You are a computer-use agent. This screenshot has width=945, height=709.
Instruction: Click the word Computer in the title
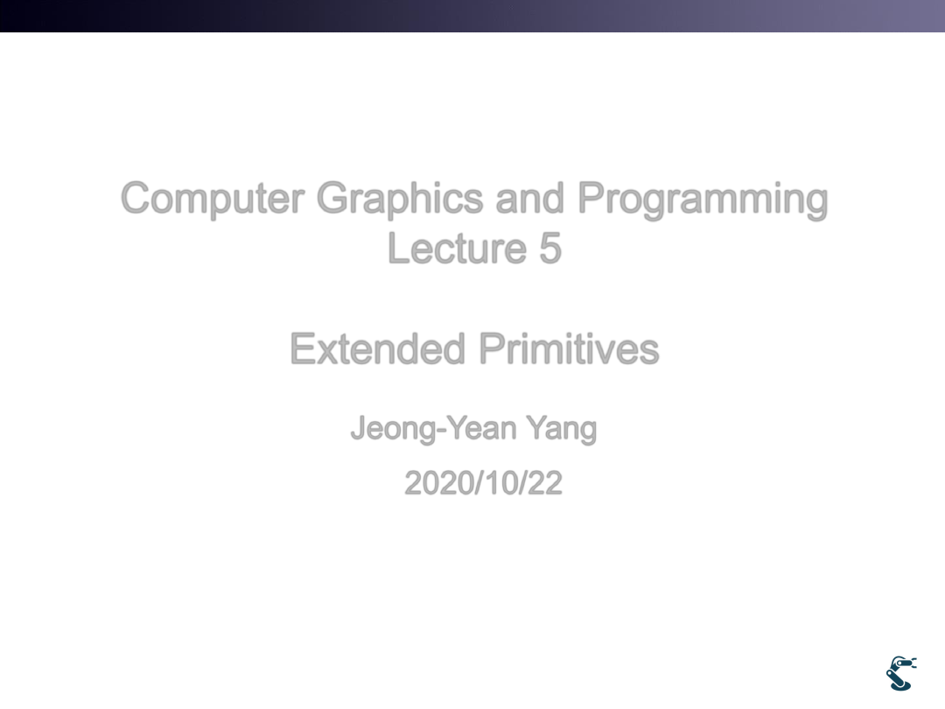click(213, 199)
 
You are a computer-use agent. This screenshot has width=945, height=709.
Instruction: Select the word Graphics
click(400, 199)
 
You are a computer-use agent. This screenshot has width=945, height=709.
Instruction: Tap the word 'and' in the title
click(529, 198)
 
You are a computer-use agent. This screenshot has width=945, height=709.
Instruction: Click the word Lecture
click(458, 248)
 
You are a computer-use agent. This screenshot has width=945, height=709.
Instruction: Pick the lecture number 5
click(550, 249)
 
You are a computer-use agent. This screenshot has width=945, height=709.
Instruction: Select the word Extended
click(378, 348)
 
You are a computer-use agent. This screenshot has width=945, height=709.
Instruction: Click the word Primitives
click(570, 348)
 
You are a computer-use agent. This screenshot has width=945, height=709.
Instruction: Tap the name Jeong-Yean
click(434, 429)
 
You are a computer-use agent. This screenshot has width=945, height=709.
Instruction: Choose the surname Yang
click(561, 429)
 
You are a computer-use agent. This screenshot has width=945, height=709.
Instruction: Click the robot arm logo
click(901, 673)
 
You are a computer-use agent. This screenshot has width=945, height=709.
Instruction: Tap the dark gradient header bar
click(472, 16)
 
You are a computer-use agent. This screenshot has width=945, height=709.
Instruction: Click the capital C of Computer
click(136, 198)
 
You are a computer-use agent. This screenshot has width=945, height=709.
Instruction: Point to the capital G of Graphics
click(333, 198)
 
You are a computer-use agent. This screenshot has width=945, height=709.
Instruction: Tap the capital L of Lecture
click(398, 248)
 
